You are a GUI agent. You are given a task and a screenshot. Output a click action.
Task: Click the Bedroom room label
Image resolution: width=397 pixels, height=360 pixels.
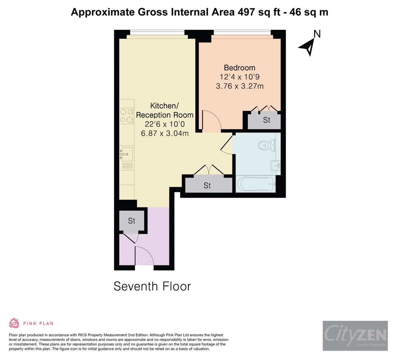239,68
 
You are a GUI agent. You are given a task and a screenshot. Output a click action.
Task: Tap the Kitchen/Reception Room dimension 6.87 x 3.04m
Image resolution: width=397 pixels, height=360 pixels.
165,134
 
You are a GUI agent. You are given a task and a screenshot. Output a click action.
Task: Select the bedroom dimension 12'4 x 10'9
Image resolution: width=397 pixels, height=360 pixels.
239,77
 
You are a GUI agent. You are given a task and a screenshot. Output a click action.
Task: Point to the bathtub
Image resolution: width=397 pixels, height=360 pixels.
256,184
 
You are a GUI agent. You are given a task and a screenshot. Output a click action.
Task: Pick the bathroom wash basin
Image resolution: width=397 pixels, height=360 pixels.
276,165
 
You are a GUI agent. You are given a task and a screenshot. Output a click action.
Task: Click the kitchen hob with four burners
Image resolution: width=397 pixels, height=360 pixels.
127,116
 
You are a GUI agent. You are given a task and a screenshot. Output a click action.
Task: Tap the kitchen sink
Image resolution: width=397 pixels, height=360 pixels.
127,154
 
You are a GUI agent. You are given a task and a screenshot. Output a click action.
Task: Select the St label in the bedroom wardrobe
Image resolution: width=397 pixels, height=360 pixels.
266,120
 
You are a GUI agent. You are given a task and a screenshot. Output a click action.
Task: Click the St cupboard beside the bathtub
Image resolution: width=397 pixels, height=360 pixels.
207,185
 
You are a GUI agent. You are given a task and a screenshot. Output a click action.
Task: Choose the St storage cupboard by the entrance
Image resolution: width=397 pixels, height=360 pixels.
132,221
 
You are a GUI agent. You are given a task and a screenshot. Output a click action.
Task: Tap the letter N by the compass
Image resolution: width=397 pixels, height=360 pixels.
317,34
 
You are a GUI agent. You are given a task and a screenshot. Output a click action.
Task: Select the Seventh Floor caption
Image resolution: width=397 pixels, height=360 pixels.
152,286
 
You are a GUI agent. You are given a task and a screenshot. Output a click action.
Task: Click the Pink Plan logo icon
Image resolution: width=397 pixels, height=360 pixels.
14,323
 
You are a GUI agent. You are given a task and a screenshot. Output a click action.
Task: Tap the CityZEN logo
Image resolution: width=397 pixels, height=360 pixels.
355,335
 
